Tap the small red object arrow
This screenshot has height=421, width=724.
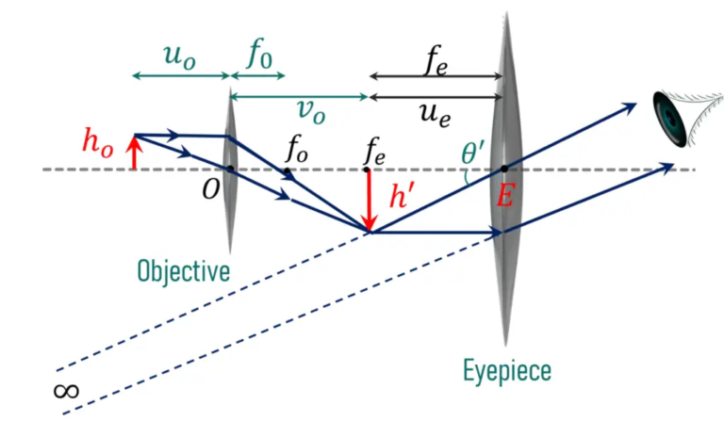(x=134, y=152)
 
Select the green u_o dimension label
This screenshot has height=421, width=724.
(x=180, y=55)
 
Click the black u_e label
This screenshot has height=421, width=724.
(x=436, y=111)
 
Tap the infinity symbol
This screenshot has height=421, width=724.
(x=69, y=389)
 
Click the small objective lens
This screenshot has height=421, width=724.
(x=230, y=170)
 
